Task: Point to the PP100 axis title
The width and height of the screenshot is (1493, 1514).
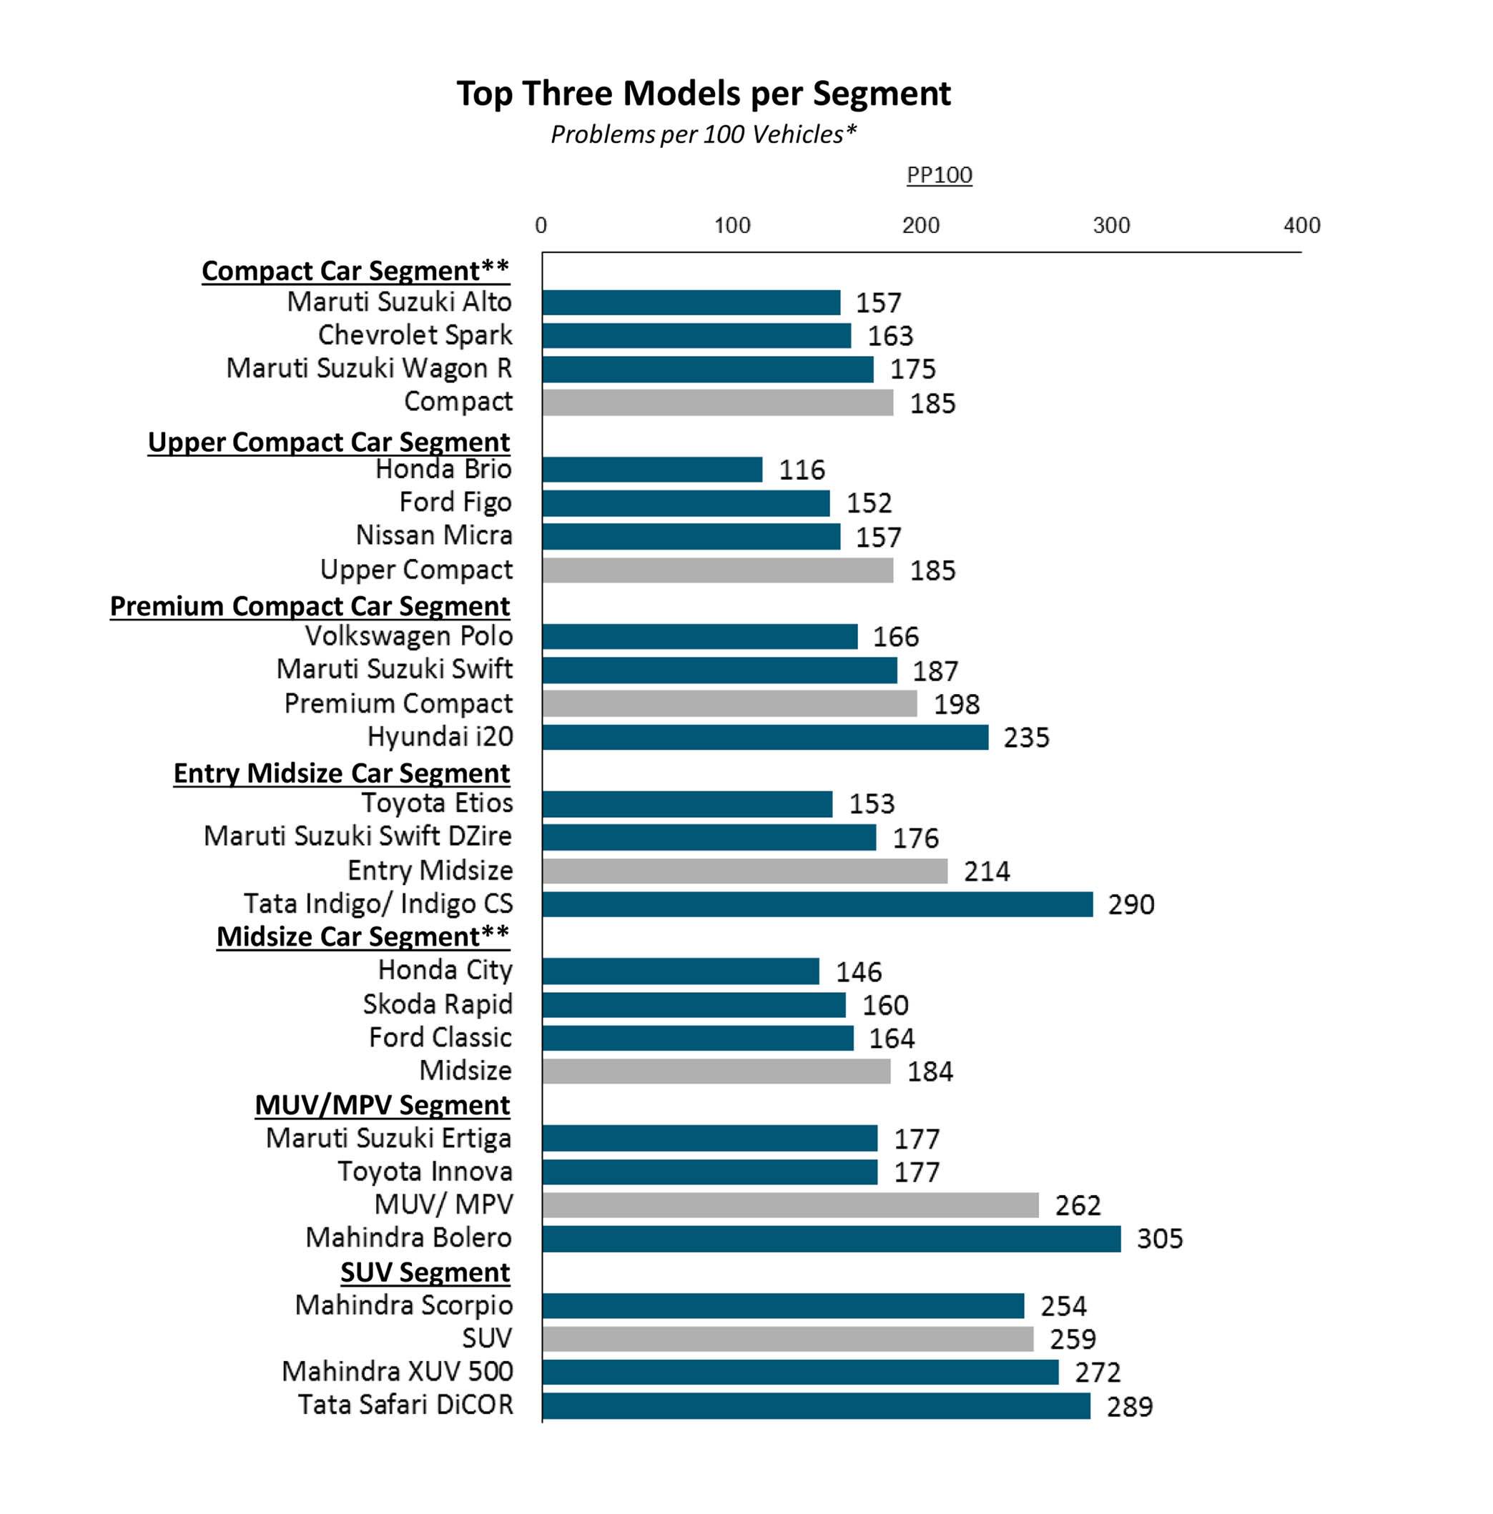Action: [x=939, y=174]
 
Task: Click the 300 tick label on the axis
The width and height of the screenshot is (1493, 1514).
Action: [x=1110, y=226]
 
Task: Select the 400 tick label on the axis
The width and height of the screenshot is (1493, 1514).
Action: [x=1301, y=226]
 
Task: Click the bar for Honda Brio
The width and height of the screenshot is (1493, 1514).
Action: [x=651, y=470]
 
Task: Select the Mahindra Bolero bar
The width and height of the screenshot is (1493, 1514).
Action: [x=831, y=1239]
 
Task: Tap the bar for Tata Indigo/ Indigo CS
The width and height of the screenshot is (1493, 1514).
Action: [x=817, y=904]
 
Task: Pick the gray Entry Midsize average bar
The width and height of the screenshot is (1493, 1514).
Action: [x=744, y=871]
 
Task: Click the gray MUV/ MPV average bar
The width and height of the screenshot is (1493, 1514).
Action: [x=790, y=1205]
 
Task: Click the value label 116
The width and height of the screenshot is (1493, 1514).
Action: [x=801, y=470]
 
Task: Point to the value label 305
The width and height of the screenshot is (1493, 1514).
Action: [x=1159, y=1239]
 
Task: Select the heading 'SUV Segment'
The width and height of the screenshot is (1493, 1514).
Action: [x=425, y=1272]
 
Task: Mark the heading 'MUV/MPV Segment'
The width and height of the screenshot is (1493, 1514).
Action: [x=383, y=1105]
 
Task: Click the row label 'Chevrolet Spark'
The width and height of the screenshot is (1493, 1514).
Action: [x=415, y=335]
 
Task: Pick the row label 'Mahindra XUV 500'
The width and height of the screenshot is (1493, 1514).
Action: [x=398, y=1371]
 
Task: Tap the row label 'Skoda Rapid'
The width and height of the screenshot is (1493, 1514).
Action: [x=438, y=1004]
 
